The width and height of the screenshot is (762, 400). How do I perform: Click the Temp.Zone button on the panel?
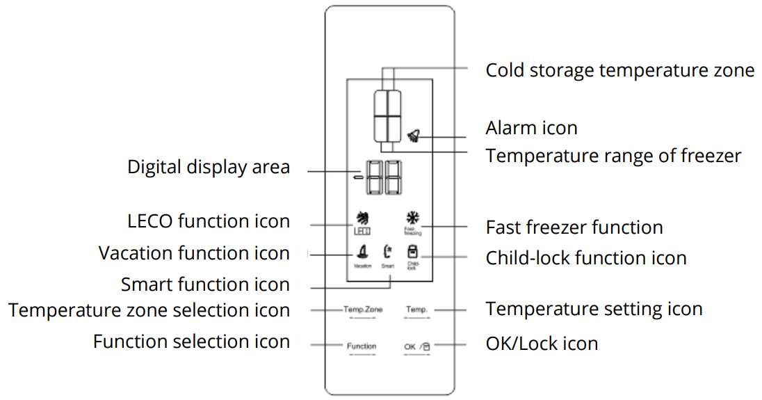click(x=362, y=310)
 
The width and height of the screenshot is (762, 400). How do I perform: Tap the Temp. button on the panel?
click(x=416, y=310)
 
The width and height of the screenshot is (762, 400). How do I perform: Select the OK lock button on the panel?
click(x=417, y=346)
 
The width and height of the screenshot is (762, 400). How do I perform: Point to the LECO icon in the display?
click(x=362, y=222)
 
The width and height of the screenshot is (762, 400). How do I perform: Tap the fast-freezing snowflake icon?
click(x=412, y=220)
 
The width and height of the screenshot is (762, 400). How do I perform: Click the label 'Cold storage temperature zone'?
click(x=619, y=70)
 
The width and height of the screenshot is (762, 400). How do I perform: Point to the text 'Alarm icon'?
click(x=531, y=128)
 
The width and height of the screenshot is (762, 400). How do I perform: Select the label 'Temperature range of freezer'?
click(x=613, y=156)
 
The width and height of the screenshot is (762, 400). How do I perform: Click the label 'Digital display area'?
click(x=209, y=167)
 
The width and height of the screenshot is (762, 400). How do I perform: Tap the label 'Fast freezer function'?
click(x=574, y=227)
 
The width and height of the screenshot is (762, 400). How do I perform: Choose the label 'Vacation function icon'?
click(x=194, y=253)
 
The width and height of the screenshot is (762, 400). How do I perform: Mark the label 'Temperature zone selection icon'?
click(x=149, y=310)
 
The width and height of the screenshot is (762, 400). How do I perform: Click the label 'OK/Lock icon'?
click(x=542, y=343)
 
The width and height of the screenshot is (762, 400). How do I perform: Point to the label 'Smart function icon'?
click(x=205, y=285)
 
